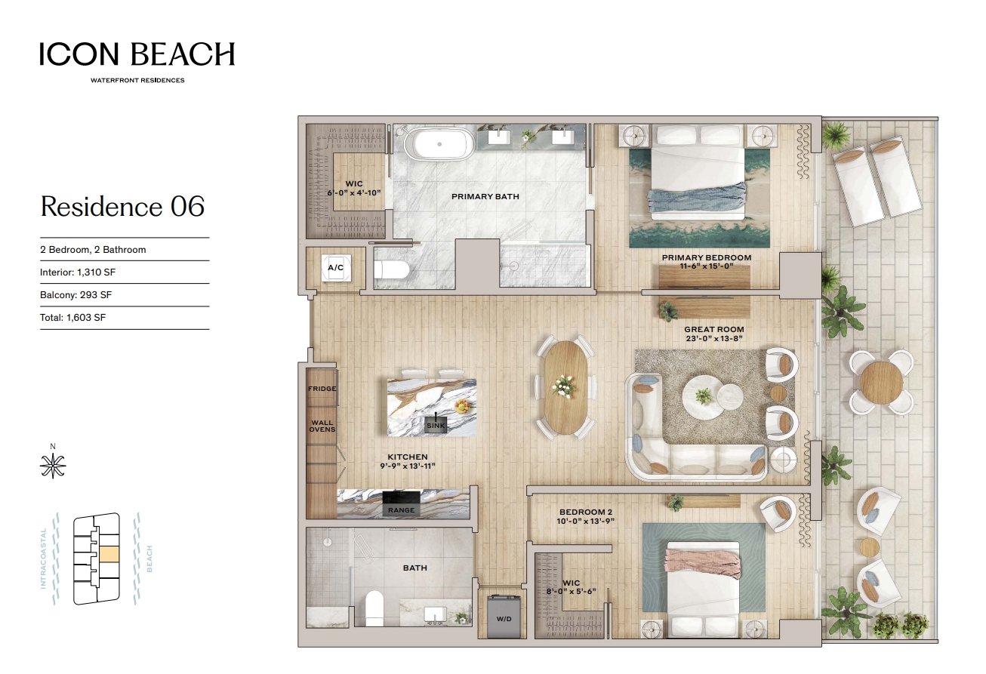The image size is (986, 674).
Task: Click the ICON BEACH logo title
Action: tap(137, 54)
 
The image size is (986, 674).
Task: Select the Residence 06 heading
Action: tap(122, 206)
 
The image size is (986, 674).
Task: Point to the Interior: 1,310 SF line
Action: tap(78, 272)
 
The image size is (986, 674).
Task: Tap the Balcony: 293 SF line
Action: tap(75, 295)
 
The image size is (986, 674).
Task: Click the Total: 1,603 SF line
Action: tap(73, 318)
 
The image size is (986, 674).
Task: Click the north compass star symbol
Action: tap(53, 466)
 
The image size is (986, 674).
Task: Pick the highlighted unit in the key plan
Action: tap(109, 554)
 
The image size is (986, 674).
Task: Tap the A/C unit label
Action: tap(335, 267)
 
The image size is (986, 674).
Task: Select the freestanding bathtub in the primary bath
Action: tap(439, 144)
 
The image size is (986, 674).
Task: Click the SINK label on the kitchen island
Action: tap(436, 426)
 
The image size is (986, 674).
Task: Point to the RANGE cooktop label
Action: tap(401, 510)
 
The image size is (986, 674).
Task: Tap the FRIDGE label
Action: tap(322, 389)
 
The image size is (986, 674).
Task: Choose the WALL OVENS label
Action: tap(322, 426)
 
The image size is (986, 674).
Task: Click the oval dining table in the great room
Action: tap(565, 387)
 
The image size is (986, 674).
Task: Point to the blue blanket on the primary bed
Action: tap(697, 198)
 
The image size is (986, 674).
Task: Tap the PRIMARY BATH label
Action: tap(485, 197)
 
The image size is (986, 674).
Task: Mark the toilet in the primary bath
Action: tap(392, 269)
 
